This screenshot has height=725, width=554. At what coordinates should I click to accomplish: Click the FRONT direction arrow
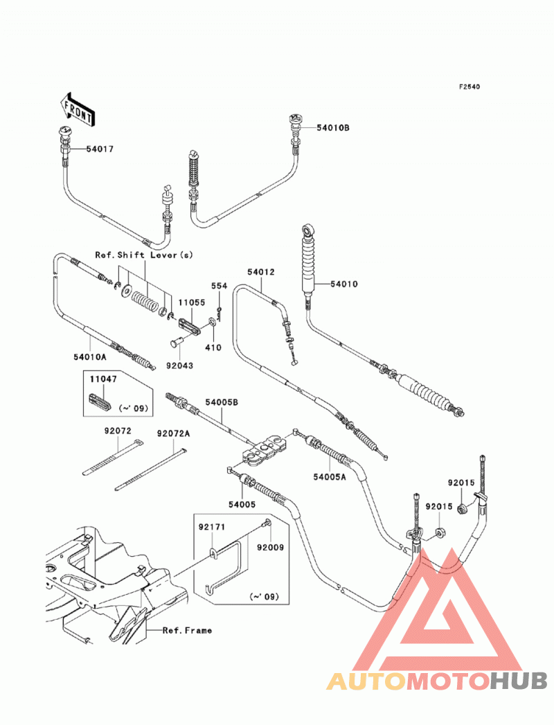[x=78, y=109]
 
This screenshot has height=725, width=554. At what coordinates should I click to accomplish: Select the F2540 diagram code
[x=469, y=87]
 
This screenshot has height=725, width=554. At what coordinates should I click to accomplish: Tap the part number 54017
[x=100, y=149]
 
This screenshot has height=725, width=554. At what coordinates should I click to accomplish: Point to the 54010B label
[x=333, y=127]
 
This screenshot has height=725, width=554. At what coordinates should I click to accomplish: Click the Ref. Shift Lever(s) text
[x=144, y=255]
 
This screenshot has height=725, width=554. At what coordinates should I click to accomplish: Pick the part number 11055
[x=192, y=303]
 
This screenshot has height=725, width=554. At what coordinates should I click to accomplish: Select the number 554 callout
[x=220, y=286]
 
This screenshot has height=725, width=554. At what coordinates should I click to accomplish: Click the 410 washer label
[x=213, y=347]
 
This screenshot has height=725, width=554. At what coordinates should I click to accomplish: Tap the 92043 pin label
[x=180, y=366]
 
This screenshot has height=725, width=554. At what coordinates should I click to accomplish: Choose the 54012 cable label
[x=261, y=272]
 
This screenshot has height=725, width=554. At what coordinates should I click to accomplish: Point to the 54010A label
[x=90, y=357]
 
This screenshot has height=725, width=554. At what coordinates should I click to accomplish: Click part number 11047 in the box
[x=103, y=379]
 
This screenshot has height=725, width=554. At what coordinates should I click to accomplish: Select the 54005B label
[x=222, y=402]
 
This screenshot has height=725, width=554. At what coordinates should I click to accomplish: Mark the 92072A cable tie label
[x=173, y=433]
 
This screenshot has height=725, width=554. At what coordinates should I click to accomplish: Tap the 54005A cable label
[x=329, y=476]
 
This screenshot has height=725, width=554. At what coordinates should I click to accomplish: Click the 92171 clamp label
[x=213, y=527]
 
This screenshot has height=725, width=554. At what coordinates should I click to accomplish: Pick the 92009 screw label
[x=271, y=548]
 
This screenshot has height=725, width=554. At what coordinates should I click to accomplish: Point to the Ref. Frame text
[x=187, y=630]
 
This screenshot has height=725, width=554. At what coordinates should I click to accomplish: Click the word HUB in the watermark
[x=519, y=681]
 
